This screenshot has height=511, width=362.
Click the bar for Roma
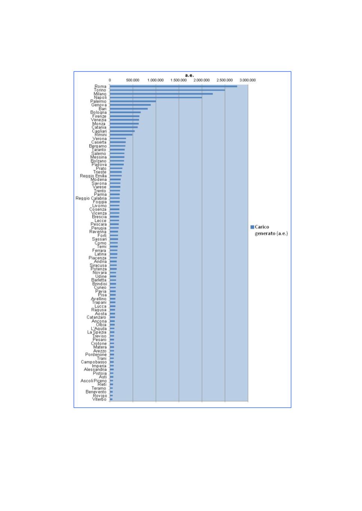click(173, 86)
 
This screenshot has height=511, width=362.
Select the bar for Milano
click(161, 94)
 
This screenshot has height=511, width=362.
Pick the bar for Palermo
click(133, 101)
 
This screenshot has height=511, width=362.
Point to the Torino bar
click(167, 90)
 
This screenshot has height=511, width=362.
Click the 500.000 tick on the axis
click(133, 80)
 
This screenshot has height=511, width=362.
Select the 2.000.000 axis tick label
click(202, 80)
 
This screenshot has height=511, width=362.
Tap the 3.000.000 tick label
click(248, 80)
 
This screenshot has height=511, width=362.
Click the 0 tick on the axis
click(110, 80)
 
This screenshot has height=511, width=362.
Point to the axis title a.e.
click(190, 76)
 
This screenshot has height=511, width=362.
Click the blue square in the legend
click(252, 227)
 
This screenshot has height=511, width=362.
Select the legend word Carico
click(262, 227)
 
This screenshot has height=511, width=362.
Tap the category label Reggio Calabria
click(91, 198)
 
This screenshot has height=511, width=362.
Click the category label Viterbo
click(99, 400)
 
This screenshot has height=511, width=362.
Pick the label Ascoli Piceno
click(93, 381)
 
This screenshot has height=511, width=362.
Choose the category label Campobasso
click(94, 362)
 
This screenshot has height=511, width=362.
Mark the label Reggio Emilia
click(93, 176)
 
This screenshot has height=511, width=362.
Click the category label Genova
click(99, 105)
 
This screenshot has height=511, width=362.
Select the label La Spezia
click(97, 332)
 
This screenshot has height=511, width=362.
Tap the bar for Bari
click(129, 109)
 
